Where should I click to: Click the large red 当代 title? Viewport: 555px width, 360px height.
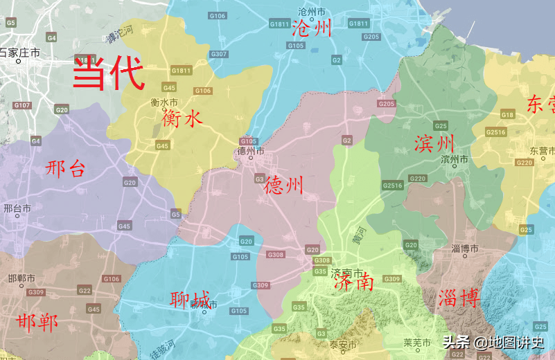[x=109, y=73]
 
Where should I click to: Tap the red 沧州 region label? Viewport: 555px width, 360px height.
[x=312, y=28]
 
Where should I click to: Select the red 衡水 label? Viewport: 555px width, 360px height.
[x=182, y=118]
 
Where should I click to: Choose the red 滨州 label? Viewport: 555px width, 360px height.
[x=434, y=143]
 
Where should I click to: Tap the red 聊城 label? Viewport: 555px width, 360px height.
[x=190, y=300]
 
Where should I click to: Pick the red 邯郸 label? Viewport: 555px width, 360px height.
[x=37, y=322]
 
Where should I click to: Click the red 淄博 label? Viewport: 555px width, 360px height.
[x=459, y=298]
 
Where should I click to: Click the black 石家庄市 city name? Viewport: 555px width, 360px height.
[x=19, y=52]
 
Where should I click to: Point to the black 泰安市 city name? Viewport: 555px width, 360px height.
[x=342, y=345]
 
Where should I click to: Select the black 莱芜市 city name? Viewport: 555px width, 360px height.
[x=417, y=342]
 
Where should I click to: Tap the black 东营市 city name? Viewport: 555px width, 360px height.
[x=543, y=150]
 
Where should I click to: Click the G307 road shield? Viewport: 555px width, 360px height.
[x=218, y=54]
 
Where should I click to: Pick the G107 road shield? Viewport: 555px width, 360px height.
[x=22, y=105]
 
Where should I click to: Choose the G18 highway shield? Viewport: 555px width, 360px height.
[x=508, y=114]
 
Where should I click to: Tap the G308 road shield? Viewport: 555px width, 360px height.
[x=276, y=255]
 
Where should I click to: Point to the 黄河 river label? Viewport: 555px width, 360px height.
[x=357, y=235]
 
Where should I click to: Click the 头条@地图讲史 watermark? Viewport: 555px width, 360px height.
[x=493, y=341]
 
